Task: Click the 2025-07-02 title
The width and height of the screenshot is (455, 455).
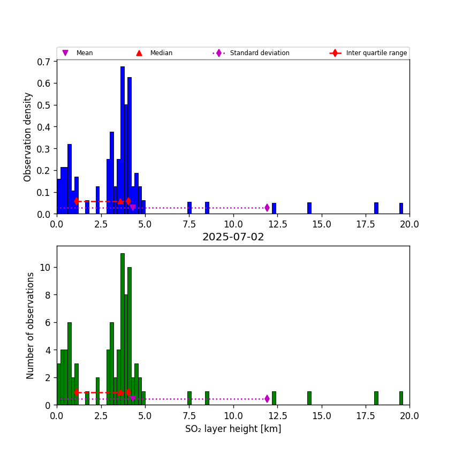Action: pos(233,237)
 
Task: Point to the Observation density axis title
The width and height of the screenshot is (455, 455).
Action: pos(28,136)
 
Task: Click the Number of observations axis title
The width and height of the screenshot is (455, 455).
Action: pos(31,325)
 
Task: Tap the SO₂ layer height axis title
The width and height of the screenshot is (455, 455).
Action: pos(233,429)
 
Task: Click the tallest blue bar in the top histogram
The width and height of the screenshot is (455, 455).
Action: pos(122,139)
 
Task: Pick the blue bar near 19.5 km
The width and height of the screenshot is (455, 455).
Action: pos(401,208)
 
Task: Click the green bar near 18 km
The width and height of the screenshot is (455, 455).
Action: pos(376,398)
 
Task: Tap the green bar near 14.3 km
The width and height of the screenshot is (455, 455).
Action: pos(309,398)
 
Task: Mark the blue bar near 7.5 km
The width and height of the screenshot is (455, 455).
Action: pos(189,208)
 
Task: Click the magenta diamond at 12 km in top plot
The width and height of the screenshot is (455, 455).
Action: pos(267,208)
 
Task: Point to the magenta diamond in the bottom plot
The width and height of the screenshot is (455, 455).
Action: pos(267,399)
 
